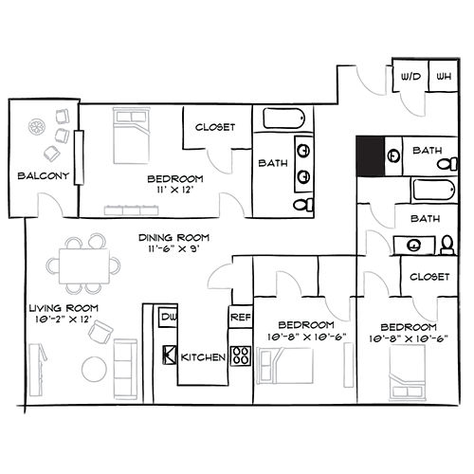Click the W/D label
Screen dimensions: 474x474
(x=410, y=77)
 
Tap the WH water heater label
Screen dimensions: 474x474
(x=444, y=77)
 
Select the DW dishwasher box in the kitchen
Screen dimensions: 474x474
(x=168, y=317)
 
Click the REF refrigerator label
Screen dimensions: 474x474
(x=241, y=317)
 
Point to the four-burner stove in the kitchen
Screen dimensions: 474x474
(x=241, y=356)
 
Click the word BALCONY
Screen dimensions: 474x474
(x=44, y=175)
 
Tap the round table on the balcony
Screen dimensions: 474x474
(x=37, y=127)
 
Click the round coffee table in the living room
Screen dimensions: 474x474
(x=94, y=369)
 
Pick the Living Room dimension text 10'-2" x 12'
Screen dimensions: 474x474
(x=64, y=319)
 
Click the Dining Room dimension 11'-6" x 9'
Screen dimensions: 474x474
(x=173, y=248)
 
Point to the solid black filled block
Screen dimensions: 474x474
(x=371, y=156)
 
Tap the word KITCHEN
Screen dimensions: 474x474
(x=203, y=357)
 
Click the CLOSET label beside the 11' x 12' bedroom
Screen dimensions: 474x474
(x=215, y=127)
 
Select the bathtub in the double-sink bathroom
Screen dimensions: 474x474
(x=283, y=118)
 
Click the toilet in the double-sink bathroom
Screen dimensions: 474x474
(x=303, y=205)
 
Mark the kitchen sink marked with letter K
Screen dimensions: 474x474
(x=170, y=355)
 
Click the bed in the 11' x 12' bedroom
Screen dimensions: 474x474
(x=131, y=136)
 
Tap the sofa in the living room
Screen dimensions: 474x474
(x=125, y=369)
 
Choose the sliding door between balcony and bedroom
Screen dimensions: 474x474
(x=79, y=157)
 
